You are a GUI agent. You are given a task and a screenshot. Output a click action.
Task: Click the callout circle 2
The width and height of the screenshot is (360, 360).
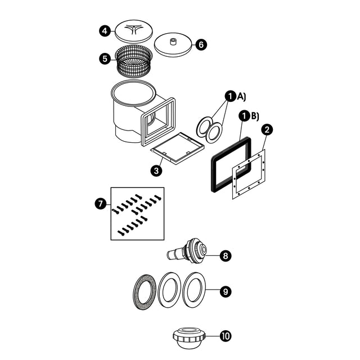click(x=267, y=129)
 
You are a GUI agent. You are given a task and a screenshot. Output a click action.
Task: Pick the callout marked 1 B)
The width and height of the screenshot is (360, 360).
click(x=244, y=116)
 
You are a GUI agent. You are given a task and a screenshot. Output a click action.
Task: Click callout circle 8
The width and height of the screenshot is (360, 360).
click(x=225, y=256)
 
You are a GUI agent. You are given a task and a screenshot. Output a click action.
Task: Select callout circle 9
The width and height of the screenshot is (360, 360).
click(x=225, y=291)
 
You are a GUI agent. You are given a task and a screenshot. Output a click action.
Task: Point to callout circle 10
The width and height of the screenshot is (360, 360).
click(x=225, y=336)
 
